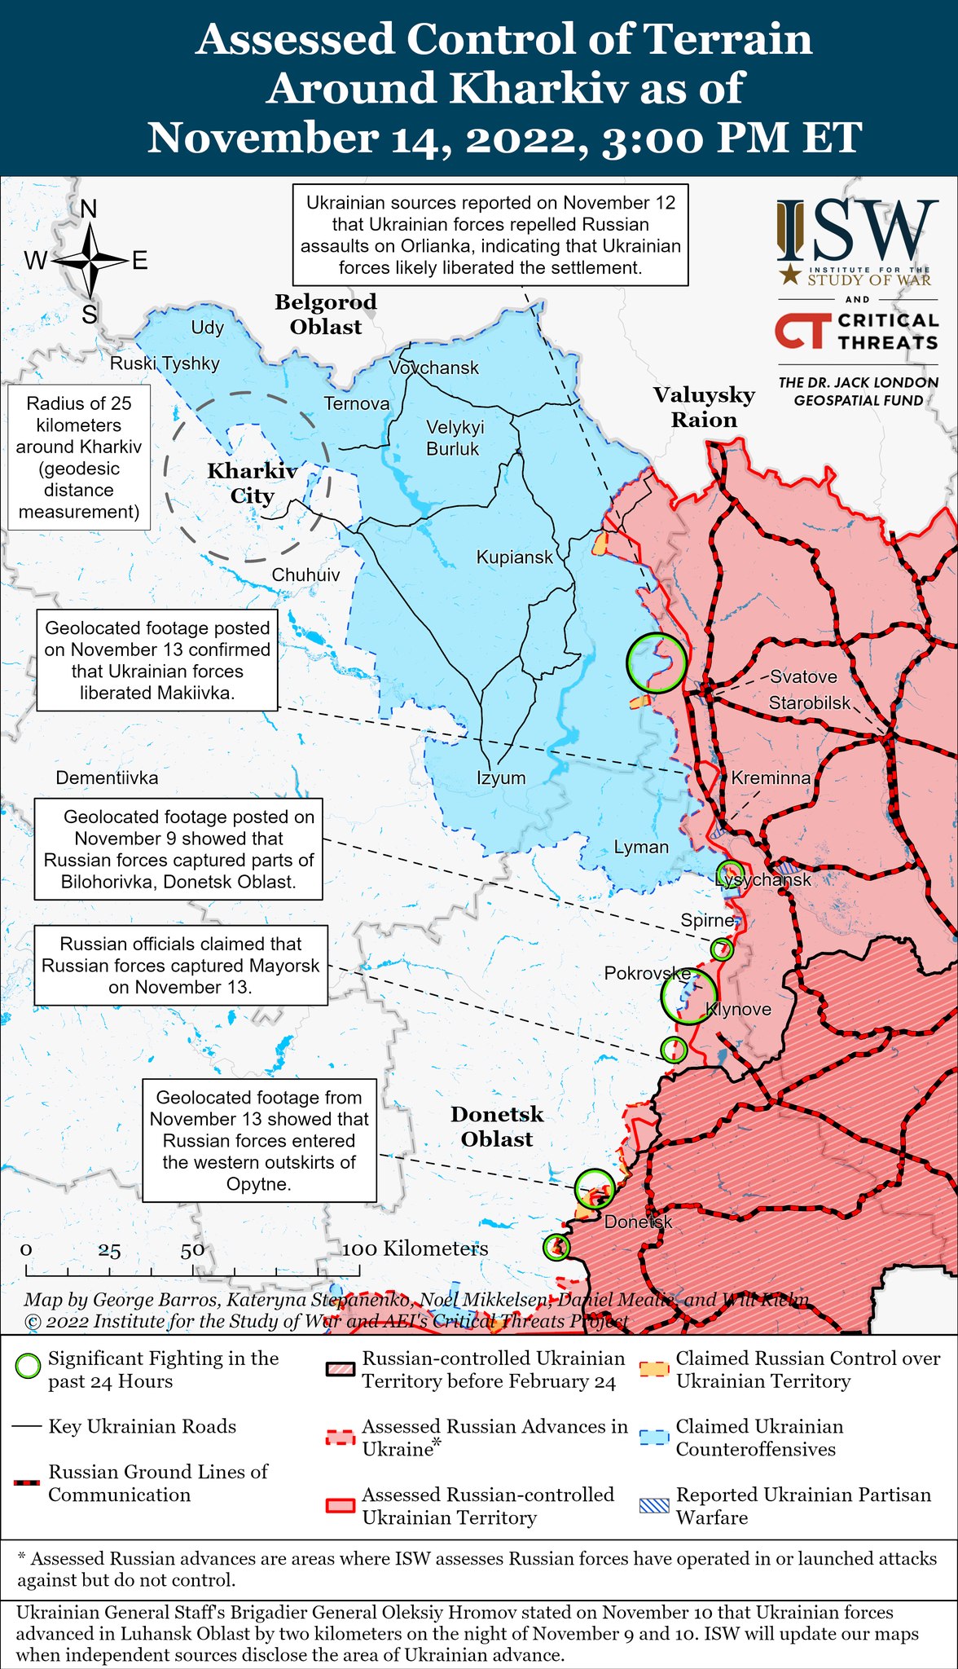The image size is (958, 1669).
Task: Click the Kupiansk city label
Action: point(514,557)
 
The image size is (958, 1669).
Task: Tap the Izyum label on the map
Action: point(501,777)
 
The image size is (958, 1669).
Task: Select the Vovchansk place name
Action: point(433,368)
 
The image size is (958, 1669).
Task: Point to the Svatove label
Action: point(803,676)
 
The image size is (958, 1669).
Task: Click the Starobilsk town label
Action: point(810,702)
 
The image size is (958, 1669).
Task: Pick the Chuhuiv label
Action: point(305,575)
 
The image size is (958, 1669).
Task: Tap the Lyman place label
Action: point(641,847)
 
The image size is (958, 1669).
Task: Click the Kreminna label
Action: point(771,777)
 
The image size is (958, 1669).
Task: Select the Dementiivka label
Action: point(107,777)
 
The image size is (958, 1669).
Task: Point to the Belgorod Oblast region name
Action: point(326,315)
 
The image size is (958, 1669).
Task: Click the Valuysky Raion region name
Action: point(704,407)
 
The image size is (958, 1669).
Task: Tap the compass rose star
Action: point(90,261)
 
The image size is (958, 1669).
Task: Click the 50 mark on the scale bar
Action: point(193,1250)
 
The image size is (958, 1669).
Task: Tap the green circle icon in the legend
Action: point(29,1366)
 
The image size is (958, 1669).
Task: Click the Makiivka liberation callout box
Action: point(157,661)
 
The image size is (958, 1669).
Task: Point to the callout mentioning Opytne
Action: point(259,1140)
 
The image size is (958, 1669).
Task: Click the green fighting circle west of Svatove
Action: point(657,663)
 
